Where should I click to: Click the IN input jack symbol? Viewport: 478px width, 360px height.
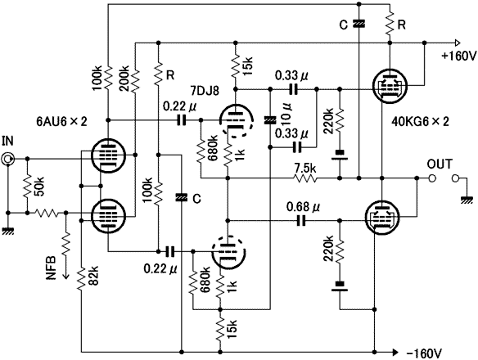click(x=7, y=159)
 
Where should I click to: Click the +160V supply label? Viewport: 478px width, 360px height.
click(x=458, y=56)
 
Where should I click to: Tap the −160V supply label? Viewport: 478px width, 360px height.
click(x=424, y=353)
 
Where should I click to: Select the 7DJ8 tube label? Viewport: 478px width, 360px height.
click(x=205, y=91)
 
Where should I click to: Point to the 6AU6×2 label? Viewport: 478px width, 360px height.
click(x=61, y=122)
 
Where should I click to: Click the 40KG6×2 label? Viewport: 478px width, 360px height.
click(x=421, y=122)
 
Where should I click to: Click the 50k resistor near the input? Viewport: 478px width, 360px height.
click(x=28, y=186)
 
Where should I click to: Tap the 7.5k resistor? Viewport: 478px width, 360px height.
click(x=304, y=178)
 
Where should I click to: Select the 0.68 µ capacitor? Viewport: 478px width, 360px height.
click(x=301, y=220)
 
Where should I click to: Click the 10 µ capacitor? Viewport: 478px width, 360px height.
click(x=270, y=119)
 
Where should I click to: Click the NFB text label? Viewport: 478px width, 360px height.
click(x=51, y=268)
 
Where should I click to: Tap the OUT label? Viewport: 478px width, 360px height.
click(x=439, y=164)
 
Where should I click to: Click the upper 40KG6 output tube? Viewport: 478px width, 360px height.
click(x=390, y=86)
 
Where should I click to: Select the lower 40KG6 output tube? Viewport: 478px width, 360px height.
click(x=382, y=217)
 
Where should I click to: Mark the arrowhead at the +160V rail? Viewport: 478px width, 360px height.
click(x=457, y=43)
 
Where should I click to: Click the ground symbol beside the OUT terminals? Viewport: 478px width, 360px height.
click(x=467, y=200)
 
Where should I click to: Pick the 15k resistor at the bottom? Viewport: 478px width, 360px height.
click(x=220, y=328)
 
